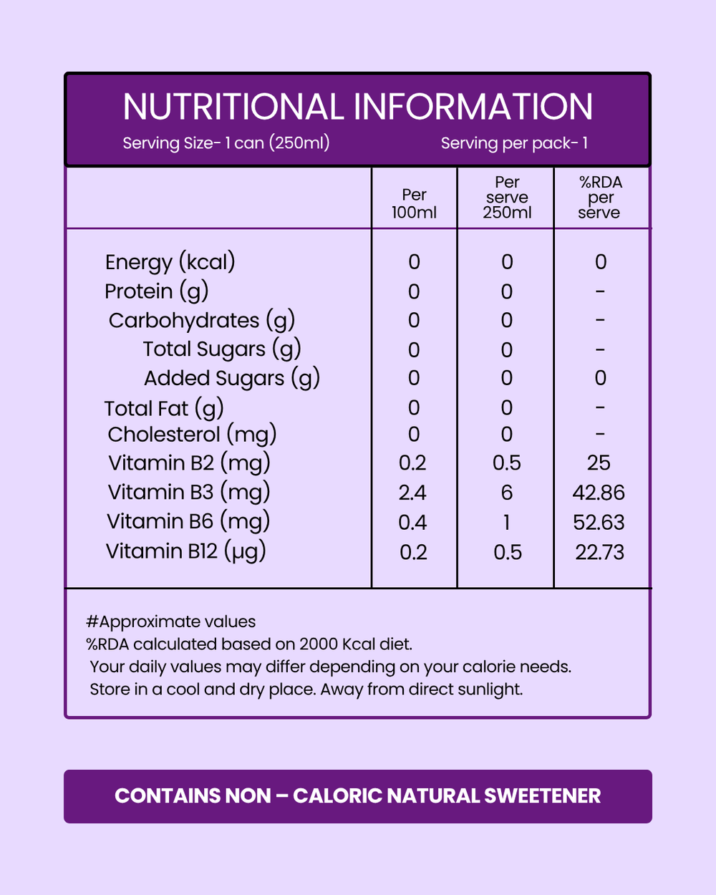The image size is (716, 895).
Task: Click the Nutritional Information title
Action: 358,107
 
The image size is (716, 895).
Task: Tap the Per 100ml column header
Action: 414,204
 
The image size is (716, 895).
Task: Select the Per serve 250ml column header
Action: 507,198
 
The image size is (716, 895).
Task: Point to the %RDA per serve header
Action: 600,198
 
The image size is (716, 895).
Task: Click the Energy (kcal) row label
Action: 170,262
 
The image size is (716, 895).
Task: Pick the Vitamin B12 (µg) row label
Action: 185,551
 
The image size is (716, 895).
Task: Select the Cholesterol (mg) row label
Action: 192,435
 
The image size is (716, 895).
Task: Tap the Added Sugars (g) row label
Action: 231,378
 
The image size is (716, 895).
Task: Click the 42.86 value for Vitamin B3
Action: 599,493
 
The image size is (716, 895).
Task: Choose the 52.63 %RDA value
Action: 599,523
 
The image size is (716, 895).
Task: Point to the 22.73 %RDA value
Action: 599,552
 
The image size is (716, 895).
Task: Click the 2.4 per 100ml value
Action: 412,493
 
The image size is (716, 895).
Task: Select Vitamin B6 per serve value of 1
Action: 507,523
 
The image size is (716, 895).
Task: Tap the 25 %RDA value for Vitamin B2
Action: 599,463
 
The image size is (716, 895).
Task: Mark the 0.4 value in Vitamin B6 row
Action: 412,523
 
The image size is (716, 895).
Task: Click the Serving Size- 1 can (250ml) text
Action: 226,143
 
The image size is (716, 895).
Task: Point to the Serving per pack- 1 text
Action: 514,143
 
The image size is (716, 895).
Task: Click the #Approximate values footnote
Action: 170,621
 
